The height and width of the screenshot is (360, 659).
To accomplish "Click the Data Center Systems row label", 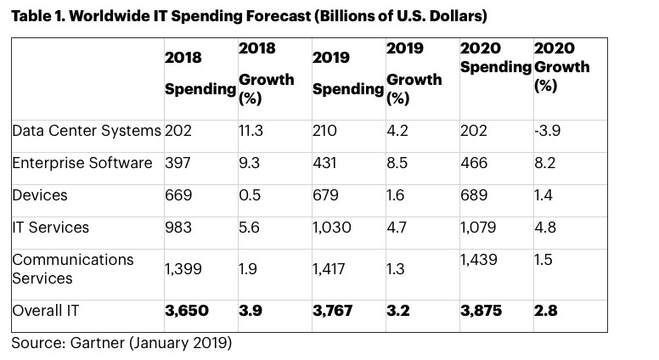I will (x=86, y=131).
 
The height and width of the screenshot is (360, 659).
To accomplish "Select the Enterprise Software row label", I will (x=82, y=163).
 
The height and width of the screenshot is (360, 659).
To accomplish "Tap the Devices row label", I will (x=40, y=195).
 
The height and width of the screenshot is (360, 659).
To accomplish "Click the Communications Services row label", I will (x=73, y=268).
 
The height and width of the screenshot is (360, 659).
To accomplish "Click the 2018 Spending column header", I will (x=199, y=73).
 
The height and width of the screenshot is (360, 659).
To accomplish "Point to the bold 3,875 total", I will (x=481, y=311).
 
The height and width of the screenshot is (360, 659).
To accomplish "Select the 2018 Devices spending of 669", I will (x=178, y=195).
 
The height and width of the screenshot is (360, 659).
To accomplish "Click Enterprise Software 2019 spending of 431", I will (x=325, y=163).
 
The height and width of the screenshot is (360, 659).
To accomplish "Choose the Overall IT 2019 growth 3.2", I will (x=397, y=311).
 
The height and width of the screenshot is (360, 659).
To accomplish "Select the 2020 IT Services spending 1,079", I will (x=478, y=228).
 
